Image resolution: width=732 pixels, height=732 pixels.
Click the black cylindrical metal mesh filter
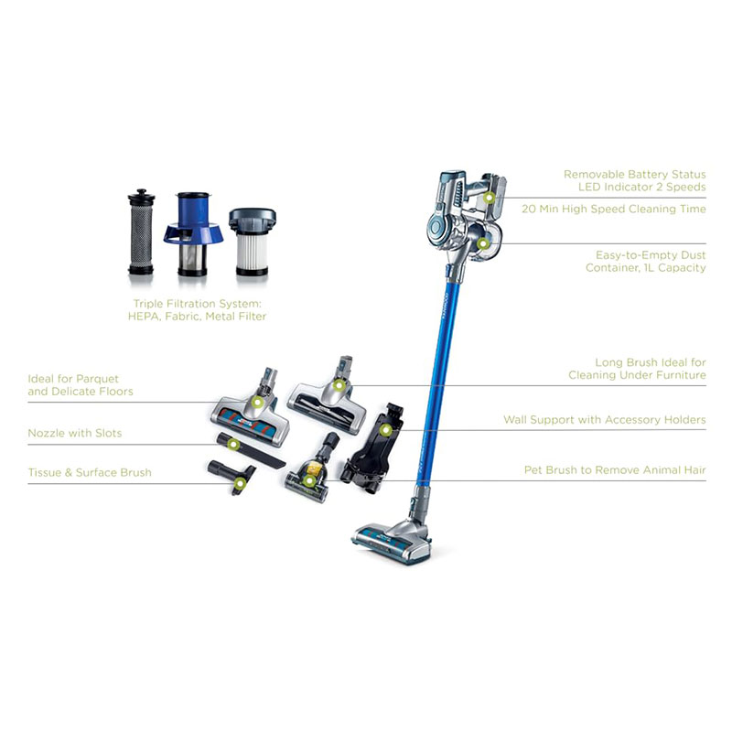pyautogui.click(x=141, y=231)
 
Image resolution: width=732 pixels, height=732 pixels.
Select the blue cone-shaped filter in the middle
pyautogui.click(x=193, y=233)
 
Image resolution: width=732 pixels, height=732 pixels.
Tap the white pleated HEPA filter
pyautogui.click(x=253, y=242)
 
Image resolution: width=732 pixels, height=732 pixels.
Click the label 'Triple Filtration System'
pyautogui.click(x=197, y=304)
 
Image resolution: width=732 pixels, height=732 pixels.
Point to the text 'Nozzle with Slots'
pyautogui.click(x=75, y=433)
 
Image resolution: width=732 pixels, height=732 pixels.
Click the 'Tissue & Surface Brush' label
pyautogui.click(x=90, y=472)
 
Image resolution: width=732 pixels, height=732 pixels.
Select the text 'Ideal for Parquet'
pyautogui.click(x=73, y=379)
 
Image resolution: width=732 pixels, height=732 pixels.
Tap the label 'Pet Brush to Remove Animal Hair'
pyautogui.click(x=615, y=470)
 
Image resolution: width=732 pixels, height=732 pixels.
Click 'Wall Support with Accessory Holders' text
pyautogui.click(x=605, y=420)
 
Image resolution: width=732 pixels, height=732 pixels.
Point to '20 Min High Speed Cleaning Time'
pyautogui.click(x=613, y=209)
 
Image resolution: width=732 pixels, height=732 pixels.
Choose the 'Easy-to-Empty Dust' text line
pyautogui.click(x=651, y=255)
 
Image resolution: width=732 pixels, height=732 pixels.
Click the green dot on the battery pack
pyautogui.click(x=489, y=198)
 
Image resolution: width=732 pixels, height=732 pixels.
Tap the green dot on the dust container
pyautogui.click(x=483, y=243)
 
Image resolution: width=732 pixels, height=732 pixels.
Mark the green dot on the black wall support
pyautogui.click(x=385, y=430)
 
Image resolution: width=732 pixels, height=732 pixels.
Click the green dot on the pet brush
pyautogui.click(x=308, y=480)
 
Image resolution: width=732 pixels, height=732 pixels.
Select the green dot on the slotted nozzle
pyautogui.click(x=234, y=444)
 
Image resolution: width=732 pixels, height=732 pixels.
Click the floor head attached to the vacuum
pyautogui.click(x=393, y=542)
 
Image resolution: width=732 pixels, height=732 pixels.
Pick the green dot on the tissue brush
pyautogui.click(x=240, y=484)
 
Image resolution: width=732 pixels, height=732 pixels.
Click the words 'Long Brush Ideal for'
pyautogui.click(x=651, y=362)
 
